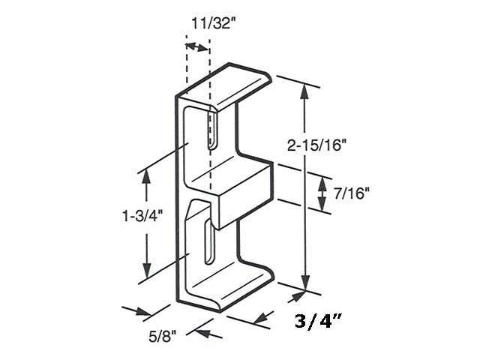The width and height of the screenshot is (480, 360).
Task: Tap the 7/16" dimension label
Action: click(352, 193)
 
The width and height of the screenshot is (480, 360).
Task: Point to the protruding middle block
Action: click(244, 191)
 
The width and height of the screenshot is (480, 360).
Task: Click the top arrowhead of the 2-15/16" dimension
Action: click(304, 91)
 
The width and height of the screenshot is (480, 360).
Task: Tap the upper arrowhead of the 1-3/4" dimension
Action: click(145, 177)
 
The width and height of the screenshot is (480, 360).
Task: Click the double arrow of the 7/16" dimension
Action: click(322, 193)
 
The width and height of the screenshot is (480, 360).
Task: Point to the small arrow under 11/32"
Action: click(196, 47)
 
